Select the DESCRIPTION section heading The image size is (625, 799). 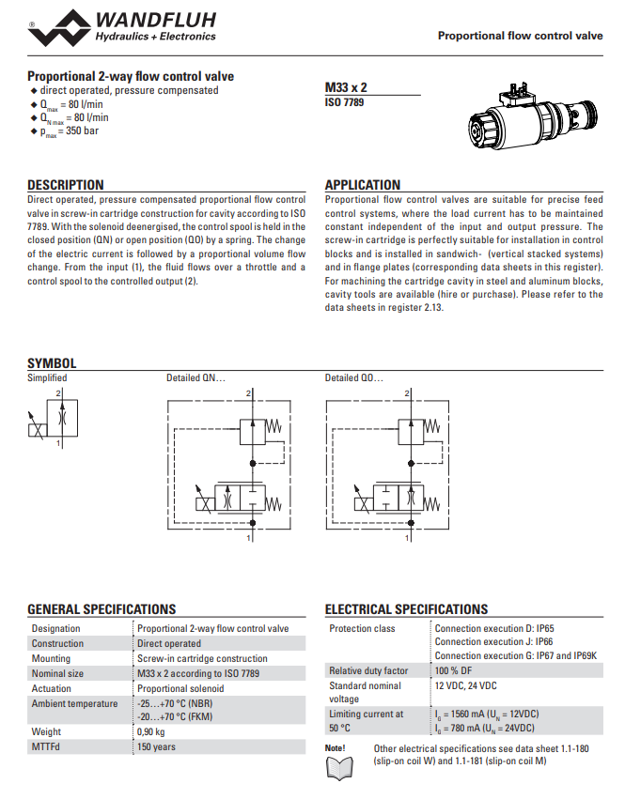pyautogui.click(x=65, y=185)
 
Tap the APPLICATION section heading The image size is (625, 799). pyautogui.click(x=362, y=185)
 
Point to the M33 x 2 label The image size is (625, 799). pyautogui.click(x=345, y=87)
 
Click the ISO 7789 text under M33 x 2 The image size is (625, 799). pyautogui.click(x=344, y=101)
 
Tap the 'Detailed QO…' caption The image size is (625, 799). pyautogui.click(x=354, y=378)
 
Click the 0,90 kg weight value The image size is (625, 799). pyautogui.click(x=151, y=731)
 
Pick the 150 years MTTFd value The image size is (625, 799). pyautogui.click(x=156, y=746)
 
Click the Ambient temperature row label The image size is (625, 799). pyautogui.click(x=74, y=703)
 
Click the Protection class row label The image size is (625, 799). pyautogui.click(x=362, y=628)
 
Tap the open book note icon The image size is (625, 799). pyautogui.click(x=336, y=768)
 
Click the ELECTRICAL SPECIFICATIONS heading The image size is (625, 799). pyautogui.click(x=406, y=609)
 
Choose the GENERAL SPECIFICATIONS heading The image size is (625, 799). pyautogui.click(x=102, y=609)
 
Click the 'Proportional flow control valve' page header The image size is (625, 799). pyautogui.click(x=520, y=36)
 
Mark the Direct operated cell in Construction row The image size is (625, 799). pyautogui.click(x=169, y=643)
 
